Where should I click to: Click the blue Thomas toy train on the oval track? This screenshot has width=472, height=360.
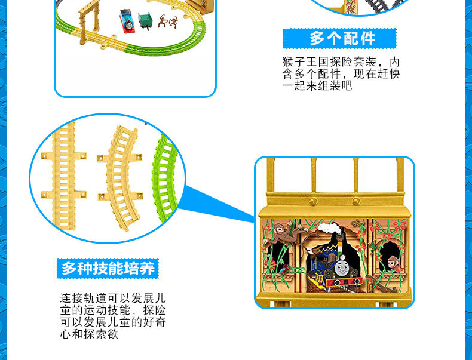pyautogui.click(x=127, y=20)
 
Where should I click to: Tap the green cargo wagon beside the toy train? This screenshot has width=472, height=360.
pyautogui.click(x=146, y=21)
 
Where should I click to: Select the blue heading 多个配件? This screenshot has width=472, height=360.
pyautogui.click(x=339, y=39)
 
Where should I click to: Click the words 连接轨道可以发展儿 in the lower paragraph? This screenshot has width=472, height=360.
pyautogui.click(x=112, y=297)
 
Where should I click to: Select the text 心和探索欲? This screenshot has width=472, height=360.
pyautogui.click(x=88, y=334)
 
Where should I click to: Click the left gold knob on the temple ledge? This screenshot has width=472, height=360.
pyautogui.click(x=313, y=201)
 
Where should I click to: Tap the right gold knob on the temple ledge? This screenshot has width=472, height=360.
pyautogui.click(x=356, y=201)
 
